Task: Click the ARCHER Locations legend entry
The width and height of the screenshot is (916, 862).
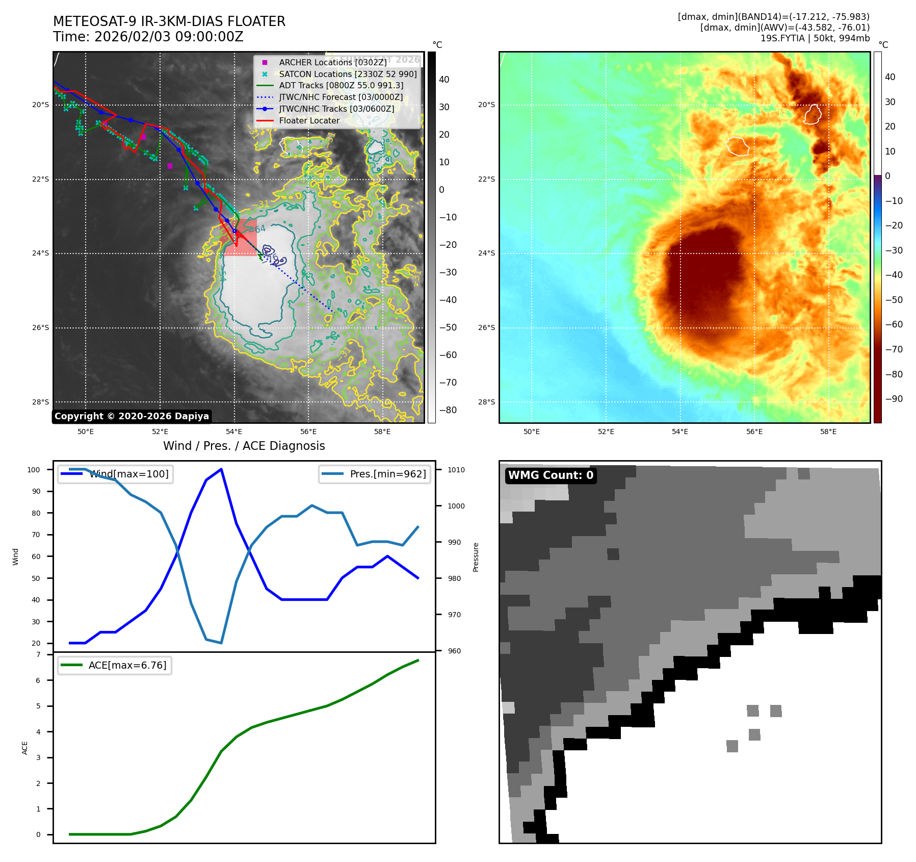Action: click(332, 62)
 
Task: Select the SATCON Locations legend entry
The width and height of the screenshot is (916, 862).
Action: click(348, 74)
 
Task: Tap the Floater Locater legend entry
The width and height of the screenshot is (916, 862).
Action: click(309, 120)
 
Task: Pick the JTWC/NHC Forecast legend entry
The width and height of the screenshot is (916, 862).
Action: click(341, 97)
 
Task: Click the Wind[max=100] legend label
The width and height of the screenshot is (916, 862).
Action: click(128, 474)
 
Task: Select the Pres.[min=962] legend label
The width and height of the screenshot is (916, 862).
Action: click(387, 474)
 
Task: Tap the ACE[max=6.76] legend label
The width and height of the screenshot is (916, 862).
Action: click(127, 665)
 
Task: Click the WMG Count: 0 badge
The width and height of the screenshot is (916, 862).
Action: click(551, 475)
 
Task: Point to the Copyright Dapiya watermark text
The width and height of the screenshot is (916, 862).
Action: click(132, 416)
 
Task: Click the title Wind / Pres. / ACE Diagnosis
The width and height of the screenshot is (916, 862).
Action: click(244, 446)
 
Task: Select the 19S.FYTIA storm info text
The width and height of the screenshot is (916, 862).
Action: click(815, 38)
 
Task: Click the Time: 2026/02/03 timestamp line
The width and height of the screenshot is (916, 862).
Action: click(148, 37)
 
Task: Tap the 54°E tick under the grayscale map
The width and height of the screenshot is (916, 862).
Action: click(234, 432)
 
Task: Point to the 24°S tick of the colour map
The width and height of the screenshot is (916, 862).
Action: click(486, 253)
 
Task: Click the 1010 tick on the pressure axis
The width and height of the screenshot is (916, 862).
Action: click(456, 470)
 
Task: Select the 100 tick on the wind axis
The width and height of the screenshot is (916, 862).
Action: click(34, 470)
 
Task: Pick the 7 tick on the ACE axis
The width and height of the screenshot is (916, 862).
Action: click(38, 654)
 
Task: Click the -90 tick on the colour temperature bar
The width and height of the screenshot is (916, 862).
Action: click(894, 399)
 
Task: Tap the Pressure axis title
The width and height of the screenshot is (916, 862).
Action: click(476, 557)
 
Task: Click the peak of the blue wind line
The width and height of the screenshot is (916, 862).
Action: click(221, 469)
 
